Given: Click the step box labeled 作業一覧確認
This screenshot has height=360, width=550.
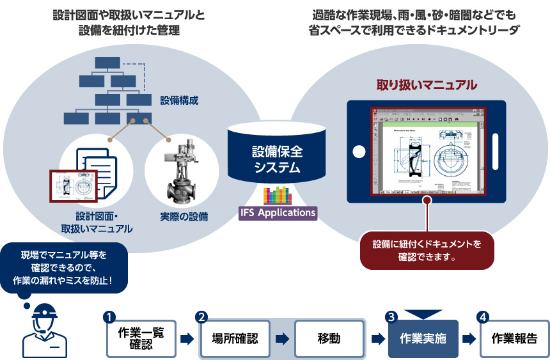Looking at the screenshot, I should (x=141, y=339).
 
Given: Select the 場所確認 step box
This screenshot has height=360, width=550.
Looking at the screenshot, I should (x=234, y=339).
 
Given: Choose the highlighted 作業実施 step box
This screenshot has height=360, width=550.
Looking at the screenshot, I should (x=423, y=339).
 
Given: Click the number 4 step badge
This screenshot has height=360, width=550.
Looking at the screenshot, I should (x=483, y=317).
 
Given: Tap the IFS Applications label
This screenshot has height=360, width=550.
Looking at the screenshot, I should (x=278, y=212).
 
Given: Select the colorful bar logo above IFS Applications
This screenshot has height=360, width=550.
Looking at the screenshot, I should (x=277, y=194).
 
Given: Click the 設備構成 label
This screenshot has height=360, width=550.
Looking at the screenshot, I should (x=179, y=100).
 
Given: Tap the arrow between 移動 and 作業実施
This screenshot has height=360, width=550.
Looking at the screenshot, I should (x=377, y=340).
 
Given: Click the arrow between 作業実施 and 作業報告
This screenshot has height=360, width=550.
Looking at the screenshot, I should (x=469, y=340).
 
